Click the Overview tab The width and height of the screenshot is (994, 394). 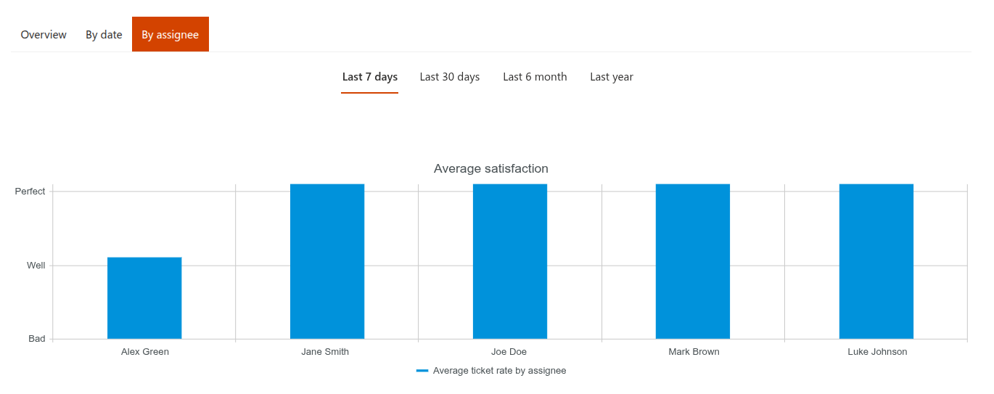[x=44, y=35]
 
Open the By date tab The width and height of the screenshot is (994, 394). [x=104, y=35]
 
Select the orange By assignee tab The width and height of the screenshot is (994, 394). [x=170, y=35]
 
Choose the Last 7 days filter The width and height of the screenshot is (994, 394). [x=370, y=77]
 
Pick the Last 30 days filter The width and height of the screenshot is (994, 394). [x=450, y=77]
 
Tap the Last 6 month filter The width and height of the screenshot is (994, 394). [x=535, y=77]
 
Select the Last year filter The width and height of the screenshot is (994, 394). [x=612, y=77]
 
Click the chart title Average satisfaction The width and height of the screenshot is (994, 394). [x=491, y=168]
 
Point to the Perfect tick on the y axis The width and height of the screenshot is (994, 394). [x=30, y=192]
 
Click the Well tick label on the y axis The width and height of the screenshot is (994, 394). [x=36, y=266]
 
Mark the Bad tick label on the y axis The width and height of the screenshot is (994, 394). [x=37, y=339]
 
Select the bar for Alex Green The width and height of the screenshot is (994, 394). [x=144, y=298]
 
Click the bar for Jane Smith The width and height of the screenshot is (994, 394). [x=327, y=261]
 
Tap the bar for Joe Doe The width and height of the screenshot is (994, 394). [x=510, y=261]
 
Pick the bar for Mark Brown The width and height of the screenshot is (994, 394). [x=693, y=261]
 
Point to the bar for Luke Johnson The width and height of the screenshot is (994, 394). [x=876, y=261]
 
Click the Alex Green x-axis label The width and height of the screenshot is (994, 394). [x=145, y=352]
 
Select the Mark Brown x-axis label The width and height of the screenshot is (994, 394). [x=694, y=352]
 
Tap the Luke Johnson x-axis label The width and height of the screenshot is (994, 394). [x=877, y=352]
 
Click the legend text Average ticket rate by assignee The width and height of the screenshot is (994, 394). [x=499, y=371]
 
